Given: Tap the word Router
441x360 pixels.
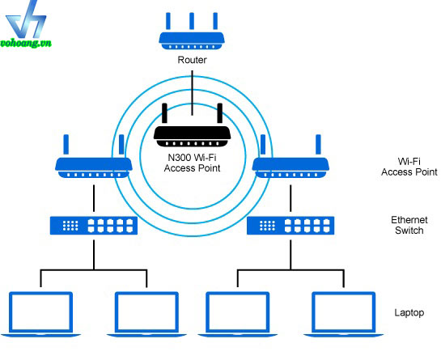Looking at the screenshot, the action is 192,60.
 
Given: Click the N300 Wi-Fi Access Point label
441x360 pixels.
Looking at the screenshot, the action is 192,163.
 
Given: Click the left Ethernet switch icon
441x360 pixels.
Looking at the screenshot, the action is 94,225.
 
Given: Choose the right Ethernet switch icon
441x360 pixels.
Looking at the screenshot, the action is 290,225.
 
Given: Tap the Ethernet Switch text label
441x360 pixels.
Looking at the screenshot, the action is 409,225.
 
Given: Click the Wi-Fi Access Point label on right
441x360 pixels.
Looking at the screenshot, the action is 409,167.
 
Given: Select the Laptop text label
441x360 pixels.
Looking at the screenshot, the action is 409,313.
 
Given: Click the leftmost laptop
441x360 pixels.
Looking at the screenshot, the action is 40,314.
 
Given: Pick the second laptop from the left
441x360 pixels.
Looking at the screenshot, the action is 146,314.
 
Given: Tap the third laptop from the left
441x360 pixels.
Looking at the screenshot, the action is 238,314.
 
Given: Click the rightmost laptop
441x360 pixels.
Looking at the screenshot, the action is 344,314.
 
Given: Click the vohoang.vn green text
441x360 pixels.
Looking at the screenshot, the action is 26,44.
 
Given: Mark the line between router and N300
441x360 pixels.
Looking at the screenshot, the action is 192,93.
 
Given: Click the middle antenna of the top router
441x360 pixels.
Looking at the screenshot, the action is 192,21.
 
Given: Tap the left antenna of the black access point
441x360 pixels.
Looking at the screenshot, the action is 164,112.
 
